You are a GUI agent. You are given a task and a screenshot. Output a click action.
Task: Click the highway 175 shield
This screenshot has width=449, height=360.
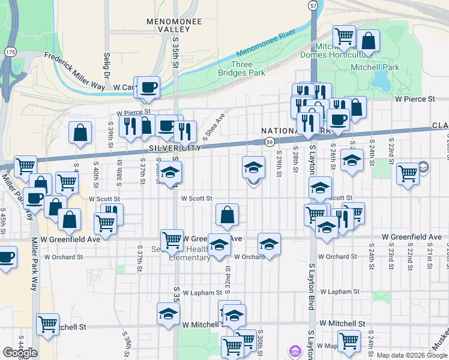[11, 53]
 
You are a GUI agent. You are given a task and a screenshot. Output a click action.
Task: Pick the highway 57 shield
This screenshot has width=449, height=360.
[313, 5]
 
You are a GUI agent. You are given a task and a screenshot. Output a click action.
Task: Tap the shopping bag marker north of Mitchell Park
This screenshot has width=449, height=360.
[369, 41]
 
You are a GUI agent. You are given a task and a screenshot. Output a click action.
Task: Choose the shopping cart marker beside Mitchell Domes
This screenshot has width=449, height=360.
[344, 36]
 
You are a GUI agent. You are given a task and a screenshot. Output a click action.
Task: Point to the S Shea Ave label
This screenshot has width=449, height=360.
[214, 126]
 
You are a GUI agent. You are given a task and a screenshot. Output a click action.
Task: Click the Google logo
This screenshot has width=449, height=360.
[20, 353]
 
